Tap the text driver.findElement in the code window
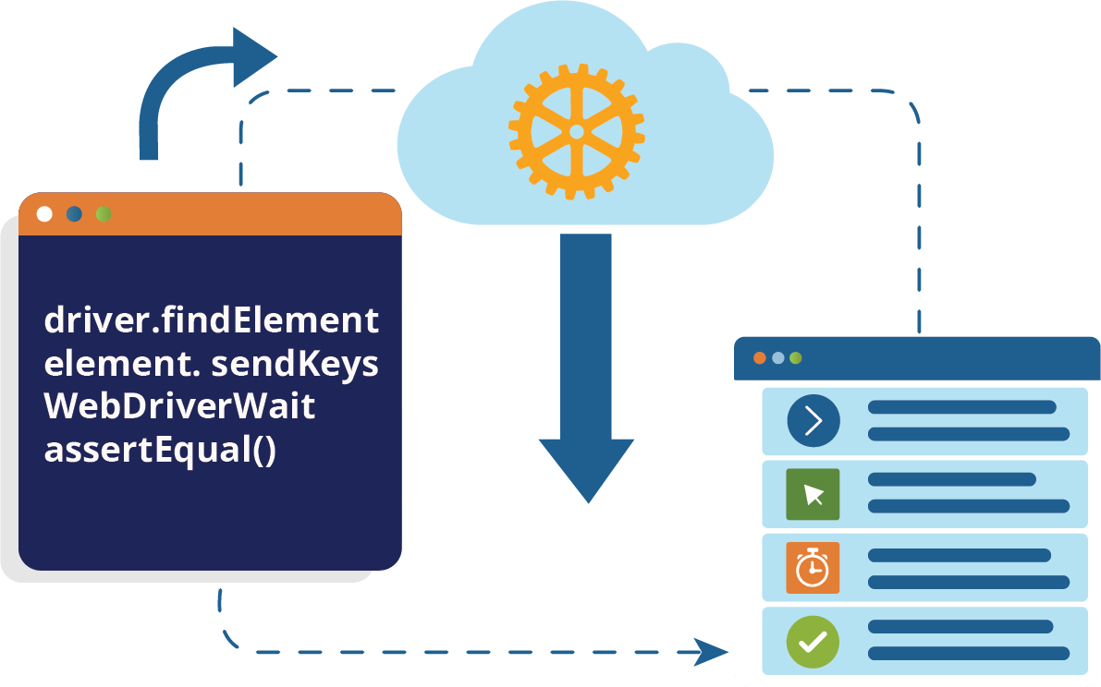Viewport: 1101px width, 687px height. pos(212,321)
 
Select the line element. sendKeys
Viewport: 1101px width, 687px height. pos(212,364)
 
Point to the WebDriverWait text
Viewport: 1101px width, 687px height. pos(180,406)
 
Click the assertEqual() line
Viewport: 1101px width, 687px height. pos(160,450)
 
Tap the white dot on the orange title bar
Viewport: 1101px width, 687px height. pos(44,214)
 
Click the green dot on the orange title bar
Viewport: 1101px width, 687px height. pos(104,214)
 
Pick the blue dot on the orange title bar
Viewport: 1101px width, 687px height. pos(74,214)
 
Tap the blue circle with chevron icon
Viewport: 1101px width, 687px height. pos(813,421)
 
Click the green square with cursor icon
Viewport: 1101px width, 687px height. pos(813,494)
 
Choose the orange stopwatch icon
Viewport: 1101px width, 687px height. pos(813,567)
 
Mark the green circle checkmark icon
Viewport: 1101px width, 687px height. pos(813,641)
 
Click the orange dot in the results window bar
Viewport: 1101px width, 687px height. pos(760,358)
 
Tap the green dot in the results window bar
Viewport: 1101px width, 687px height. pos(795,358)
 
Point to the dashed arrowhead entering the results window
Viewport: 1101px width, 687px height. pos(712,652)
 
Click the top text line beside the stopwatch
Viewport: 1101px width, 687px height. pos(960,555)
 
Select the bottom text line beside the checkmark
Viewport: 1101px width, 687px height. pos(969,654)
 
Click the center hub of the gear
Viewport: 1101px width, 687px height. pos(577,132)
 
